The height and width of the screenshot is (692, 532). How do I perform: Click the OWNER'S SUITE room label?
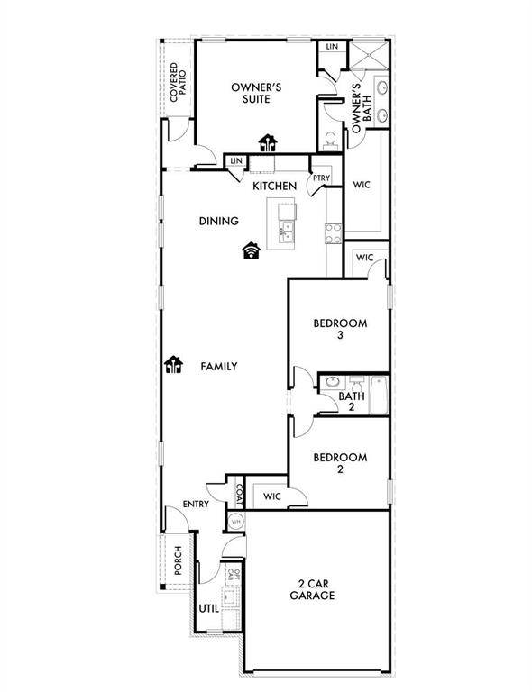tap(257, 93)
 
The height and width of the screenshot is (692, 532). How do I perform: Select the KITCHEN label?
tap(274, 186)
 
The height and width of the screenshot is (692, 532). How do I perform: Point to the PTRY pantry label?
tap(320, 178)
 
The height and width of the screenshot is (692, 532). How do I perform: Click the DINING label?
tap(218, 221)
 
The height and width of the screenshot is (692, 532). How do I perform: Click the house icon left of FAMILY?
tap(173, 365)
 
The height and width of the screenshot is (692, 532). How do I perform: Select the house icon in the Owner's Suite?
tap(268, 141)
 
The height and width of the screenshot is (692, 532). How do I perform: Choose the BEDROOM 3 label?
tap(339, 329)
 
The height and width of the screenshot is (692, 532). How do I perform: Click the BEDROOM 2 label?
tap(339, 463)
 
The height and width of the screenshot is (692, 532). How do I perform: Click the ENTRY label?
tap(197, 504)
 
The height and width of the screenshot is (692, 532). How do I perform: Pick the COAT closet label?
tap(238, 494)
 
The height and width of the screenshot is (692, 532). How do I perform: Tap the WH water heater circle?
tap(235, 521)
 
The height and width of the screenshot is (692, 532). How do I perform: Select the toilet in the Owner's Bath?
tap(331, 140)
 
